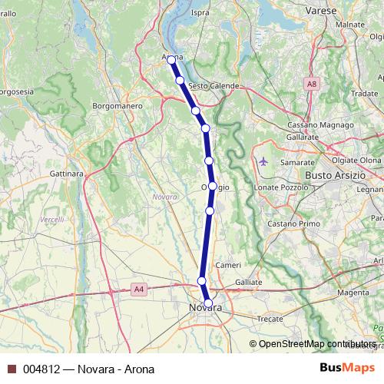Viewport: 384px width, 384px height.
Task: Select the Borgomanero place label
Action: [114, 104]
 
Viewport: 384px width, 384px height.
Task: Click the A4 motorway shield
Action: [138, 289]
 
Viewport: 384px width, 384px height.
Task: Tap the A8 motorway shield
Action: [311, 83]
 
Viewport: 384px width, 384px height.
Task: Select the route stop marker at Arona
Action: [172, 60]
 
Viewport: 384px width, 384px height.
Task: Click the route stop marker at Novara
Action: [208, 303]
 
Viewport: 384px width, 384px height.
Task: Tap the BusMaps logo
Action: [344, 369]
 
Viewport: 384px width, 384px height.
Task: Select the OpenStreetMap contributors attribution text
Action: [313, 344]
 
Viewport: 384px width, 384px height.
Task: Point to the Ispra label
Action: [200, 13]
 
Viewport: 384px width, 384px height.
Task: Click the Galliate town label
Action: [248, 283]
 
